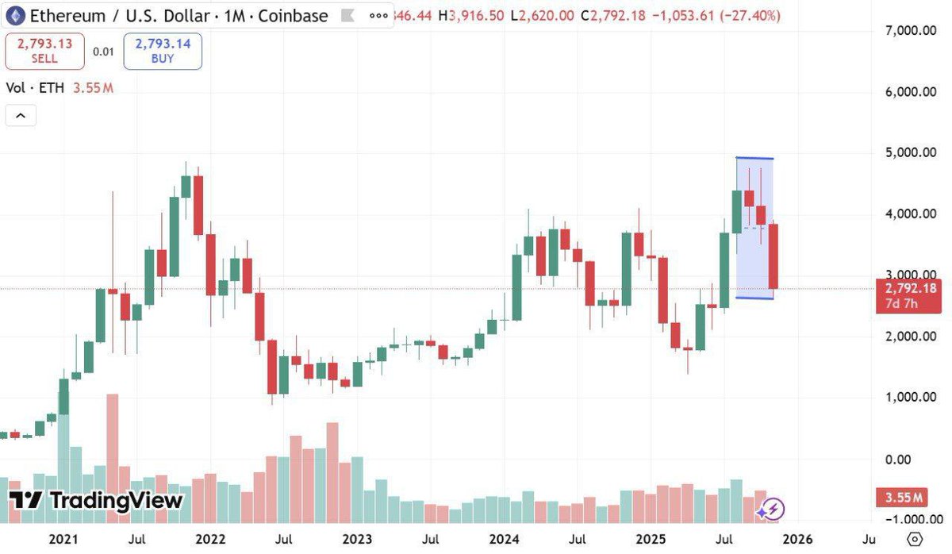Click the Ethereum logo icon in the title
click(15, 15)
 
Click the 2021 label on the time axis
click(64, 540)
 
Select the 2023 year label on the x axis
click(356, 540)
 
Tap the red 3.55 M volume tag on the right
click(904, 498)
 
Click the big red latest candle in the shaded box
click(773, 256)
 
